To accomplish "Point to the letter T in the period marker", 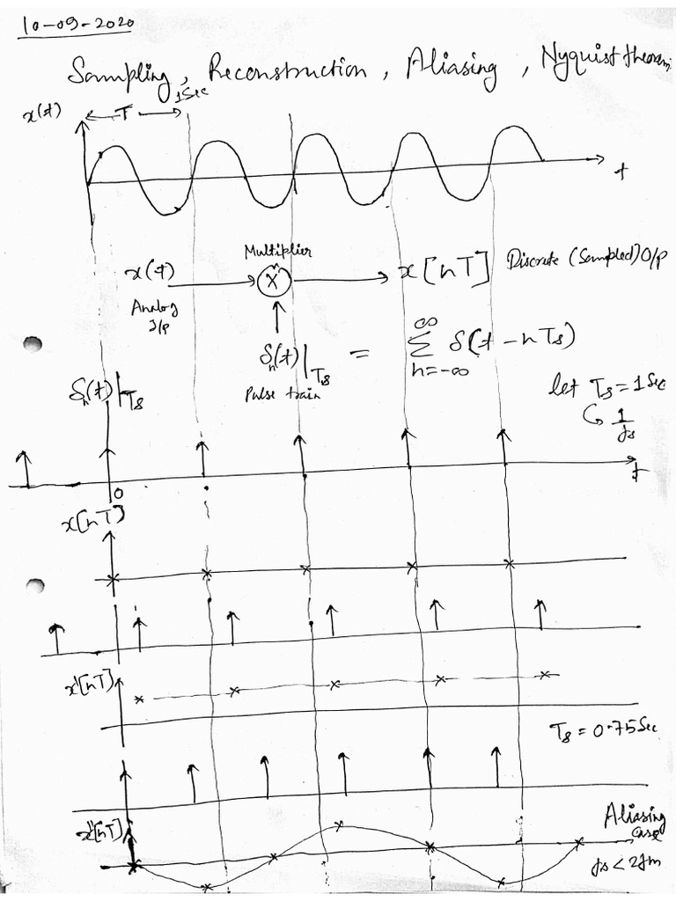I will (x=128, y=116).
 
